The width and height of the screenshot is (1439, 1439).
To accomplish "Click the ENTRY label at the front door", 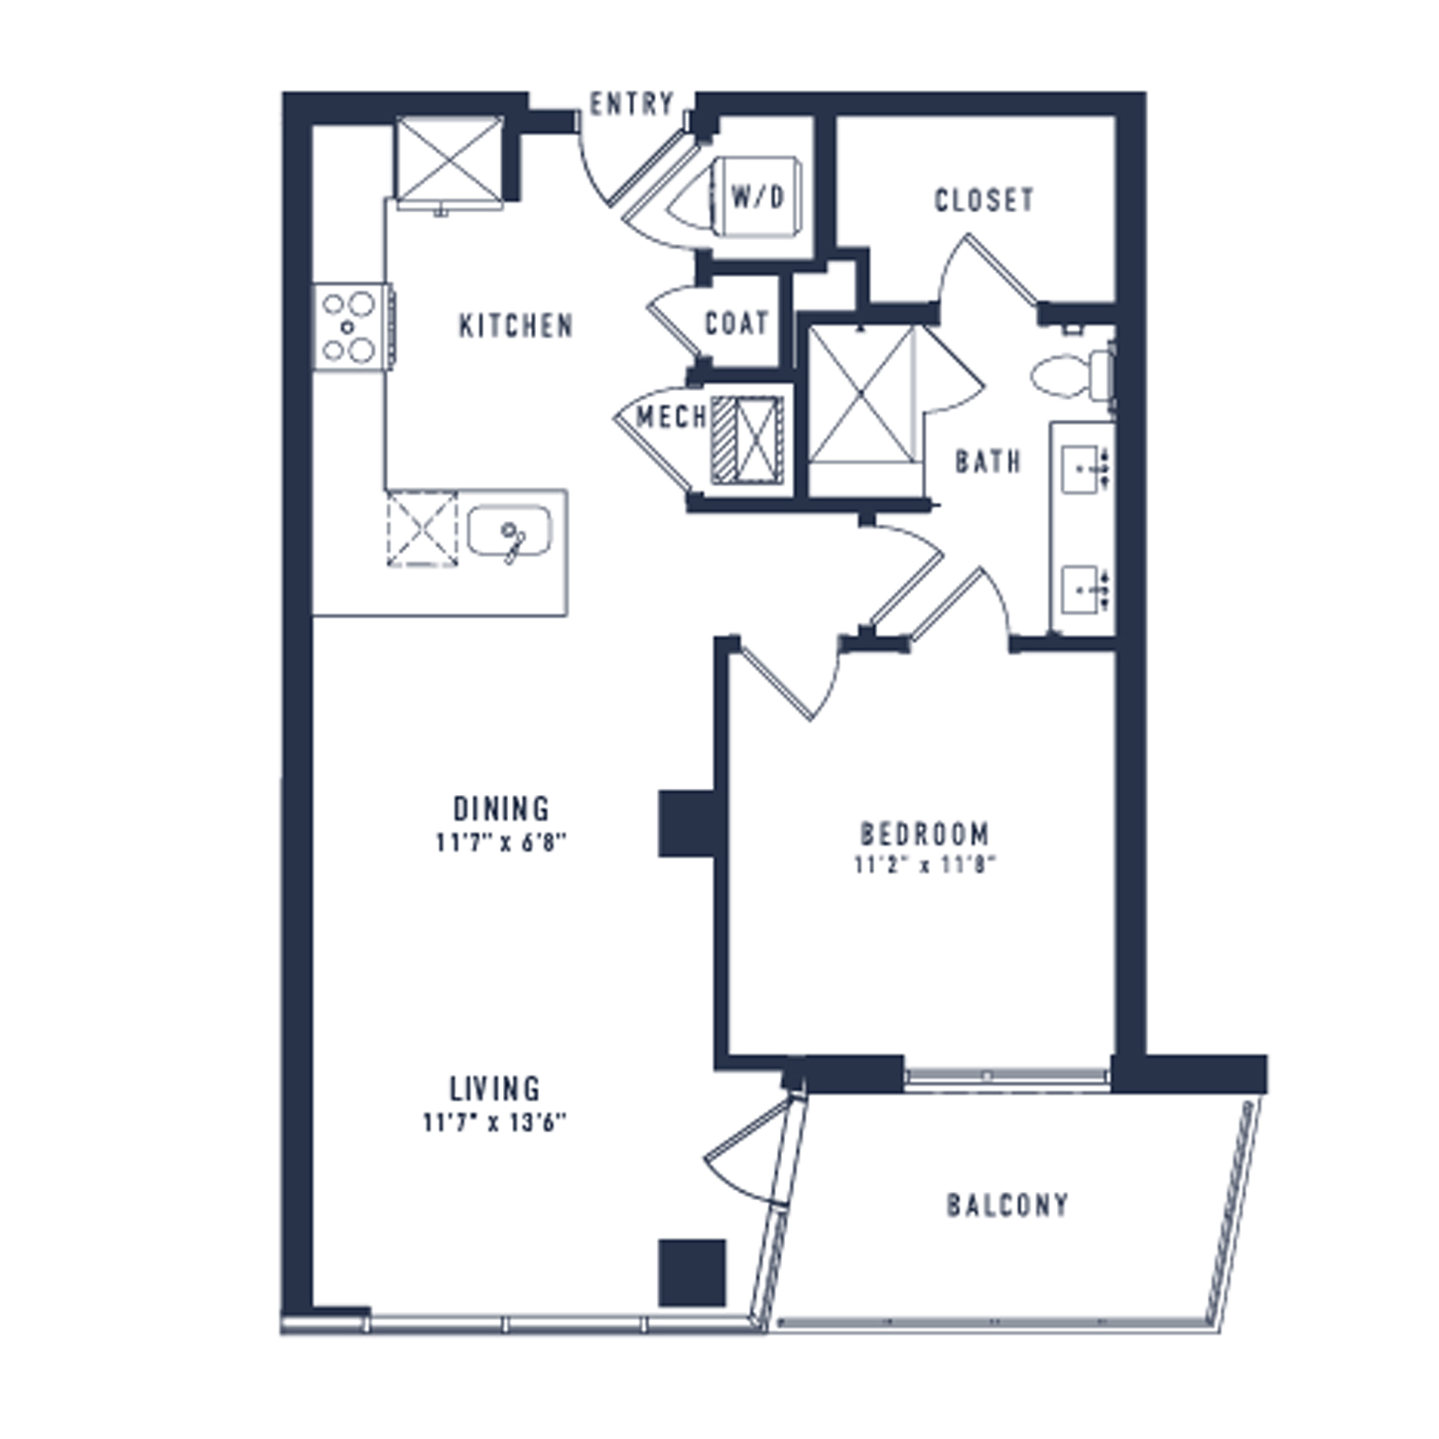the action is pyautogui.click(x=632, y=104).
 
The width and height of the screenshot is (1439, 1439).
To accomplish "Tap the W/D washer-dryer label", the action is pyautogui.click(x=757, y=197).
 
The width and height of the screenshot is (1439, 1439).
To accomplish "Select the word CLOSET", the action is pyautogui.click(x=984, y=200).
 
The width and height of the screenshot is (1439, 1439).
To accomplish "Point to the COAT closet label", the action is pyautogui.click(x=736, y=324).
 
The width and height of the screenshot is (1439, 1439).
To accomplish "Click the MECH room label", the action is pyautogui.click(x=671, y=417).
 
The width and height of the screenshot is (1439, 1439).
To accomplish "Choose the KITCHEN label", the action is pyautogui.click(x=516, y=327).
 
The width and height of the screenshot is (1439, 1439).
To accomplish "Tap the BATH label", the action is pyautogui.click(x=988, y=462).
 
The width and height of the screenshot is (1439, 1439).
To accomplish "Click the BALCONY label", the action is pyautogui.click(x=1007, y=1205).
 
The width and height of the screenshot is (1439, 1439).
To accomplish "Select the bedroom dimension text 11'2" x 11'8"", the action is pyautogui.click(x=926, y=865).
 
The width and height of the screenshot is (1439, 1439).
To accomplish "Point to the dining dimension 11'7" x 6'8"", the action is pyautogui.click(x=501, y=843).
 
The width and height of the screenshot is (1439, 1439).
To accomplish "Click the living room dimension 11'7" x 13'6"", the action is pyautogui.click(x=494, y=1122).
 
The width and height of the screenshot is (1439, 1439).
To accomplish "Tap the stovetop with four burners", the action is pyautogui.click(x=351, y=327).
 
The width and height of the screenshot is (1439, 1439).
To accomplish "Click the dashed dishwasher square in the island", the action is pyautogui.click(x=422, y=528).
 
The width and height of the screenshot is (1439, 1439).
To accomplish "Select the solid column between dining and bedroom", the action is pyautogui.click(x=687, y=824).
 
